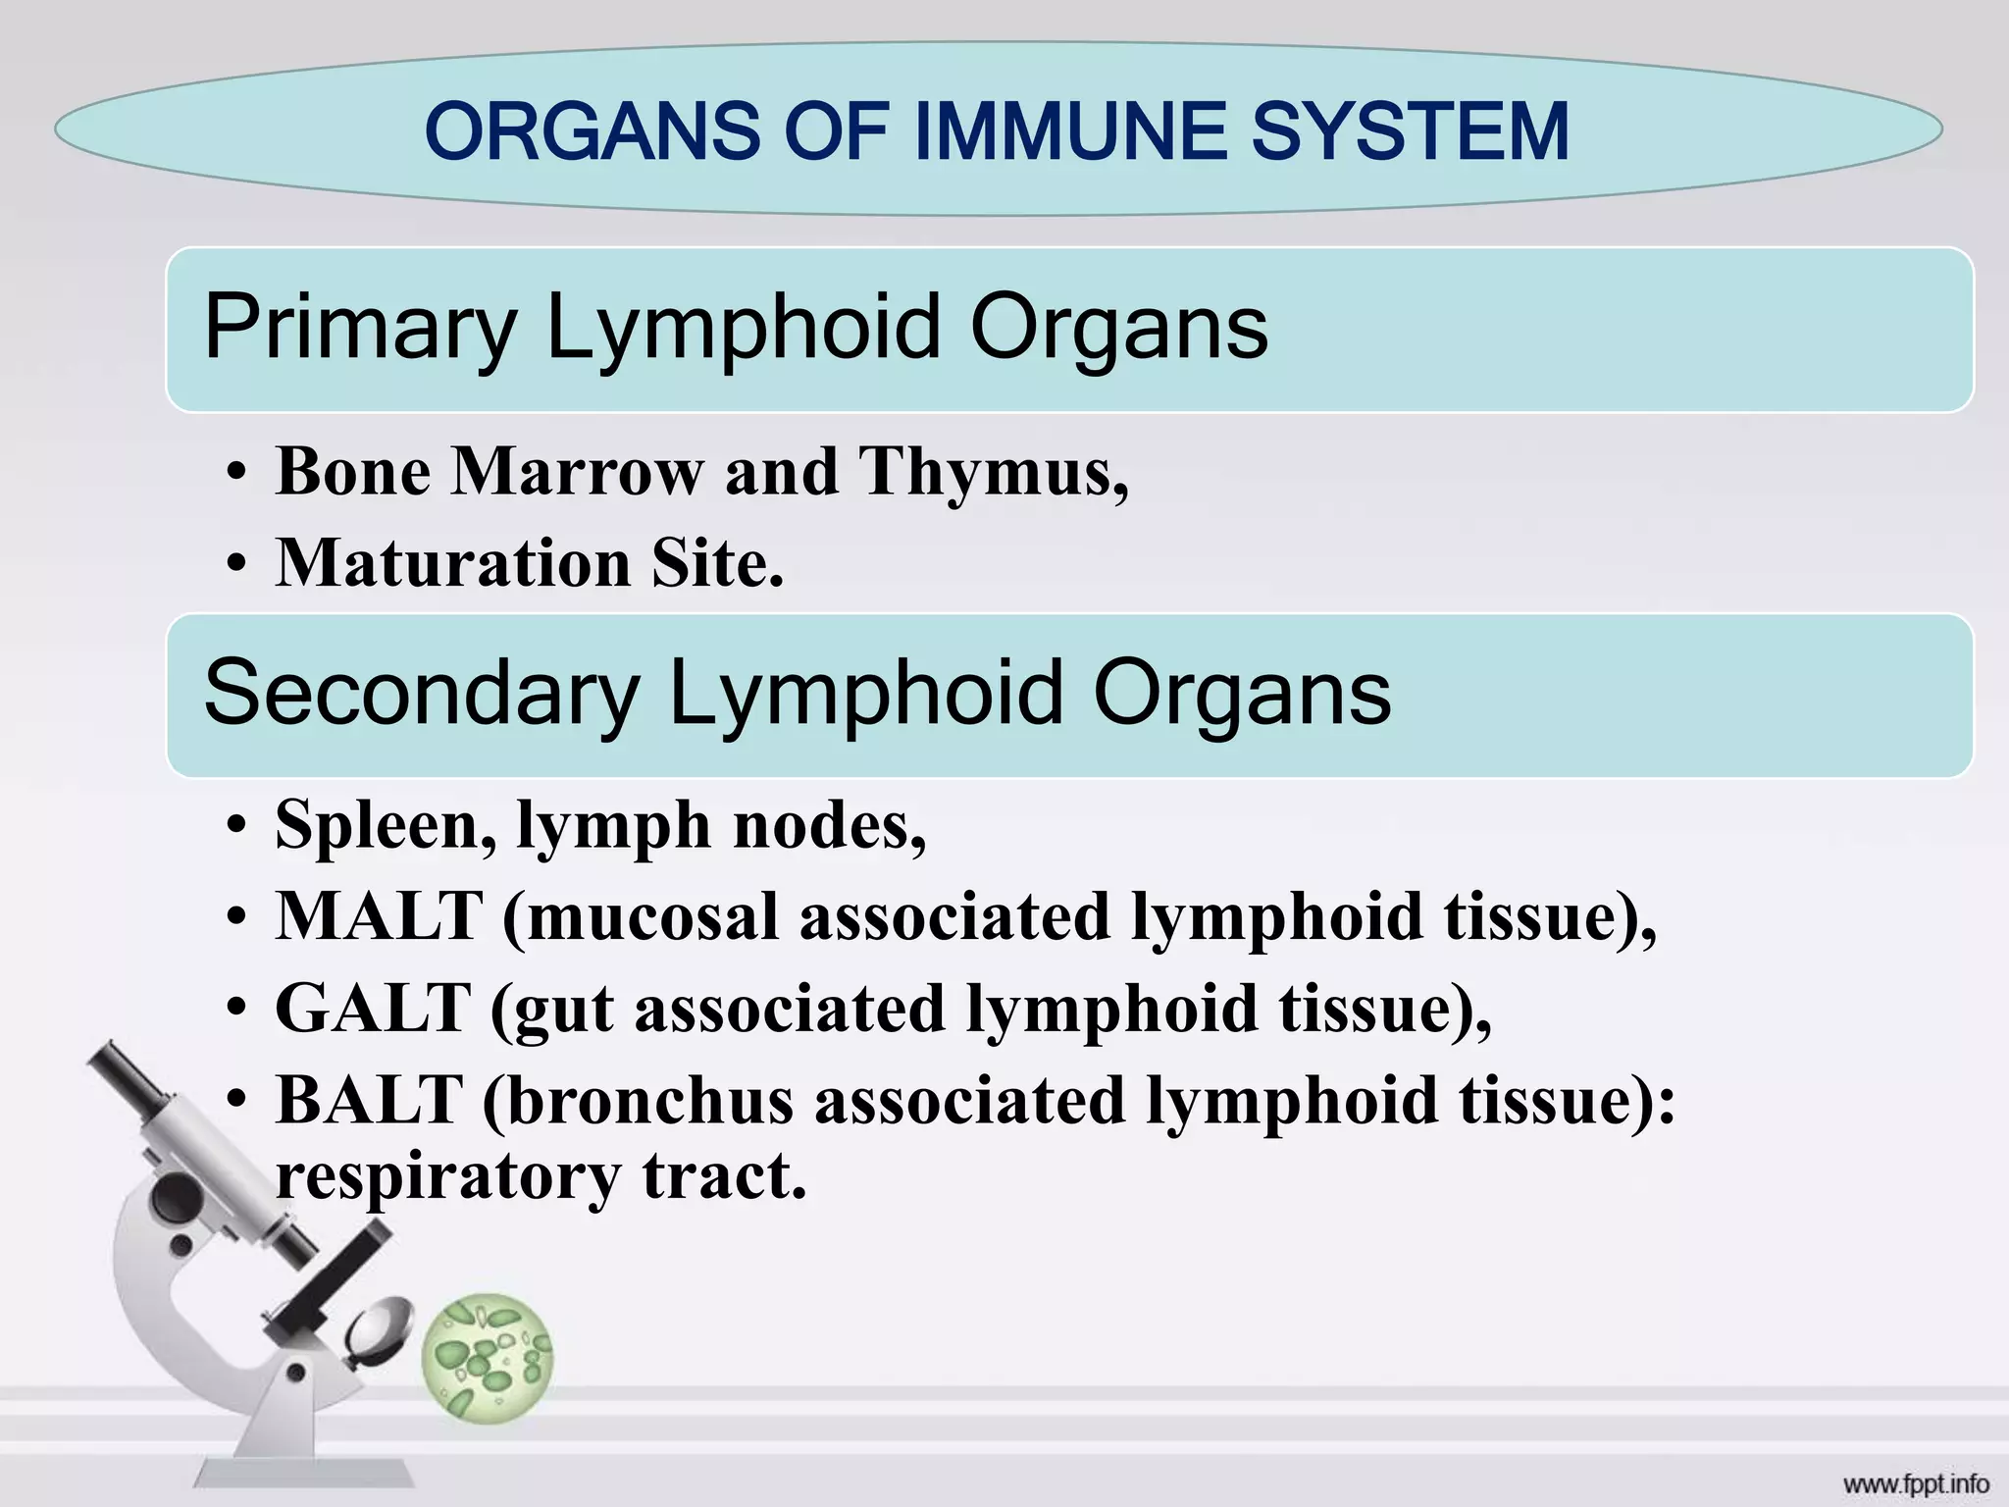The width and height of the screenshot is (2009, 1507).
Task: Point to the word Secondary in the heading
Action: point(422,694)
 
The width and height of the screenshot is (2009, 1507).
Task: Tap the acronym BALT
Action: point(369,1099)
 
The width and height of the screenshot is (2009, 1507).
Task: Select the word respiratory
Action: point(447,1175)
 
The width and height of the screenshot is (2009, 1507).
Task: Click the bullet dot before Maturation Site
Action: point(234,566)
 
